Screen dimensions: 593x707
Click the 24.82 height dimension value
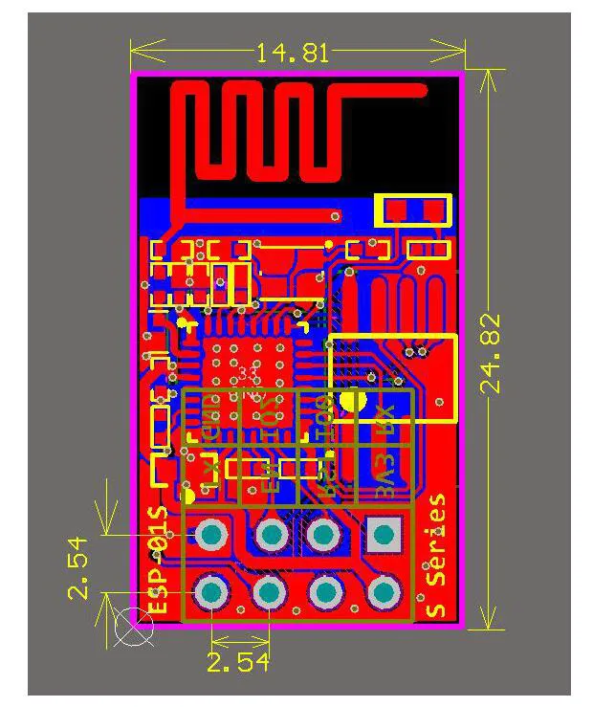point(491,352)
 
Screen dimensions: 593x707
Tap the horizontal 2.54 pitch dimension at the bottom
point(238,662)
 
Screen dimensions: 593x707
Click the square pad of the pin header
point(383,534)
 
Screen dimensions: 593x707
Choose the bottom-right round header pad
point(383,594)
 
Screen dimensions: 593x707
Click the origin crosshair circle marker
point(133,627)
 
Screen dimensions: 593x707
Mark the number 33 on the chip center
point(249,372)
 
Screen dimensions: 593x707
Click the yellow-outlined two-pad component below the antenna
point(413,210)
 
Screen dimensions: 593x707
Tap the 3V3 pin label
point(384,476)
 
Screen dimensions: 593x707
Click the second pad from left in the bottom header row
point(270,594)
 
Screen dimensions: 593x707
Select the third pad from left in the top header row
point(325,534)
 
